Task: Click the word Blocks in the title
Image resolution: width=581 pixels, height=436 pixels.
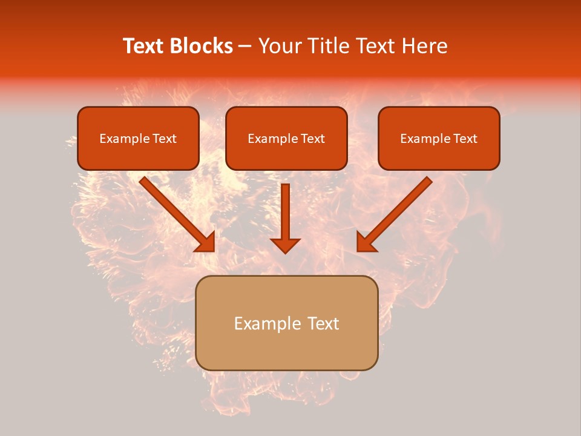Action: [200, 46]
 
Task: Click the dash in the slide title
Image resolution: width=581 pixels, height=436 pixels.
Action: [245, 47]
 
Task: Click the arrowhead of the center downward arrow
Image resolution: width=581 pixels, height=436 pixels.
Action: [286, 245]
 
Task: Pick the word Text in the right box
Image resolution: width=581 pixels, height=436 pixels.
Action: [465, 139]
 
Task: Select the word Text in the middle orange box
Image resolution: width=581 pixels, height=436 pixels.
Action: [312, 139]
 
